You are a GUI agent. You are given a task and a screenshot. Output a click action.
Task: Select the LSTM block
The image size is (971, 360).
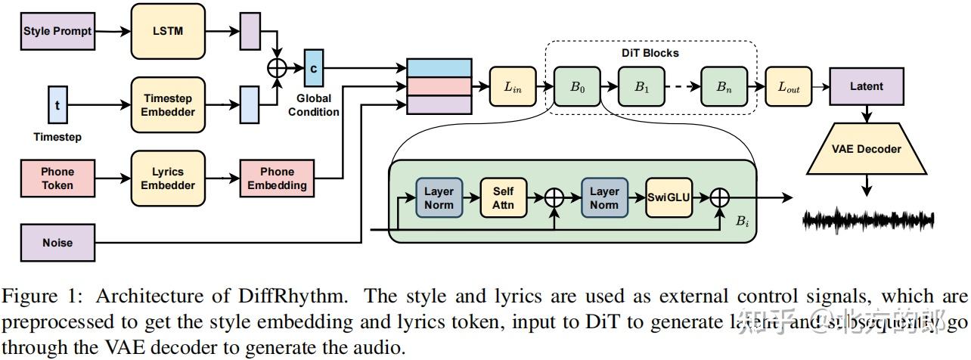[x=168, y=32]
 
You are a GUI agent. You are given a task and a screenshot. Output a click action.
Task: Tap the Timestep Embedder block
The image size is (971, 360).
[x=168, y=105]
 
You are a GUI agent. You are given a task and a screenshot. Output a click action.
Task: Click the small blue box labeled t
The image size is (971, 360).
[x=57, y=105]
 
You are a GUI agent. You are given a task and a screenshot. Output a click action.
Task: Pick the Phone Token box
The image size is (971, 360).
[x=57, y=178]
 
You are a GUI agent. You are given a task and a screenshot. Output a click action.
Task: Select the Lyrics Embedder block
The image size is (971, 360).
[x=168, y=178]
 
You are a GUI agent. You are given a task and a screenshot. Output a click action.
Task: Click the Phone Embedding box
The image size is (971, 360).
[x=278, y=178]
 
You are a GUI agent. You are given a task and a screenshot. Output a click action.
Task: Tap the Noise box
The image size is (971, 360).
[x=57, y=243]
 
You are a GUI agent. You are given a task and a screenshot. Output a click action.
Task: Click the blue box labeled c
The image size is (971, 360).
[x=313, y=69]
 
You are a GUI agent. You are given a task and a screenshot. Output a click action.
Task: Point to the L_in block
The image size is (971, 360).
[x=513, y=87]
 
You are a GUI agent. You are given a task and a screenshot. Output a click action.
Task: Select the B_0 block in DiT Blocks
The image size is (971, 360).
[x=576, y=87]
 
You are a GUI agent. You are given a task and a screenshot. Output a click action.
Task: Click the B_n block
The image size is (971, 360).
[x=724, y=87]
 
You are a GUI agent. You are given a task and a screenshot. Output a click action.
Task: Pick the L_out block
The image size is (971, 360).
[x=788, y=87]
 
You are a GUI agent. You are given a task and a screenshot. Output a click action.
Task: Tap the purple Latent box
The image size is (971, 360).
[x=866, y=86]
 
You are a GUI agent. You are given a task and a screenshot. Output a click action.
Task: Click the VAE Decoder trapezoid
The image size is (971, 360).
[x=866, y=149]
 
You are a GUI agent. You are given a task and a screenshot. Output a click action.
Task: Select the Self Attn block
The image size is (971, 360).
[x=503, y=198]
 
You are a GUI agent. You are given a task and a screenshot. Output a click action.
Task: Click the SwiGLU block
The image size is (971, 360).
[x=669, y=198]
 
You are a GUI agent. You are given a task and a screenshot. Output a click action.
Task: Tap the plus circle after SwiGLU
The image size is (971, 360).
[x=721, y=198]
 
